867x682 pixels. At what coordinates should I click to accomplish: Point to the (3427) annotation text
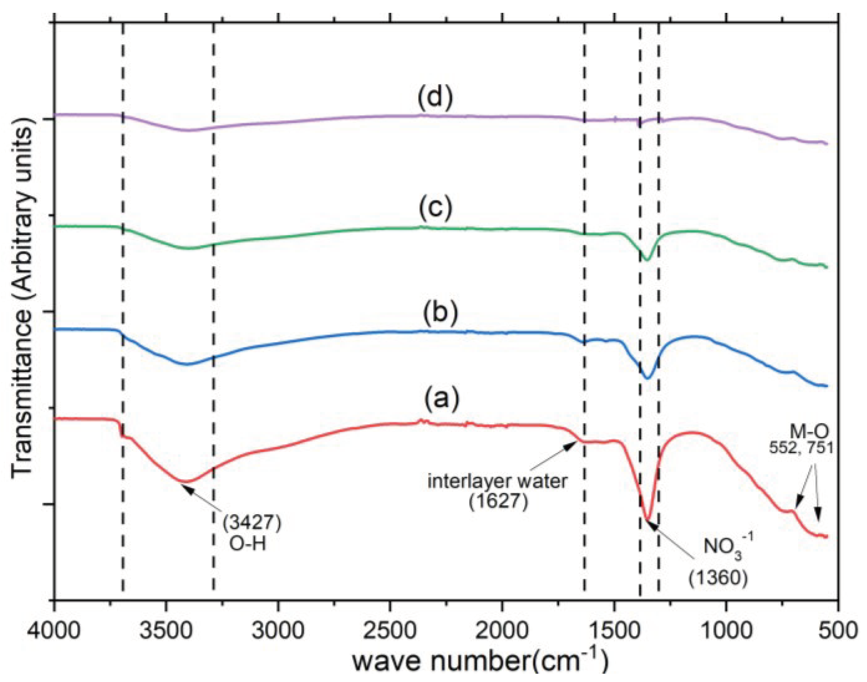pos(252,523)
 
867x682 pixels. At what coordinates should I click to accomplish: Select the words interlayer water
pos(497,482)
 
